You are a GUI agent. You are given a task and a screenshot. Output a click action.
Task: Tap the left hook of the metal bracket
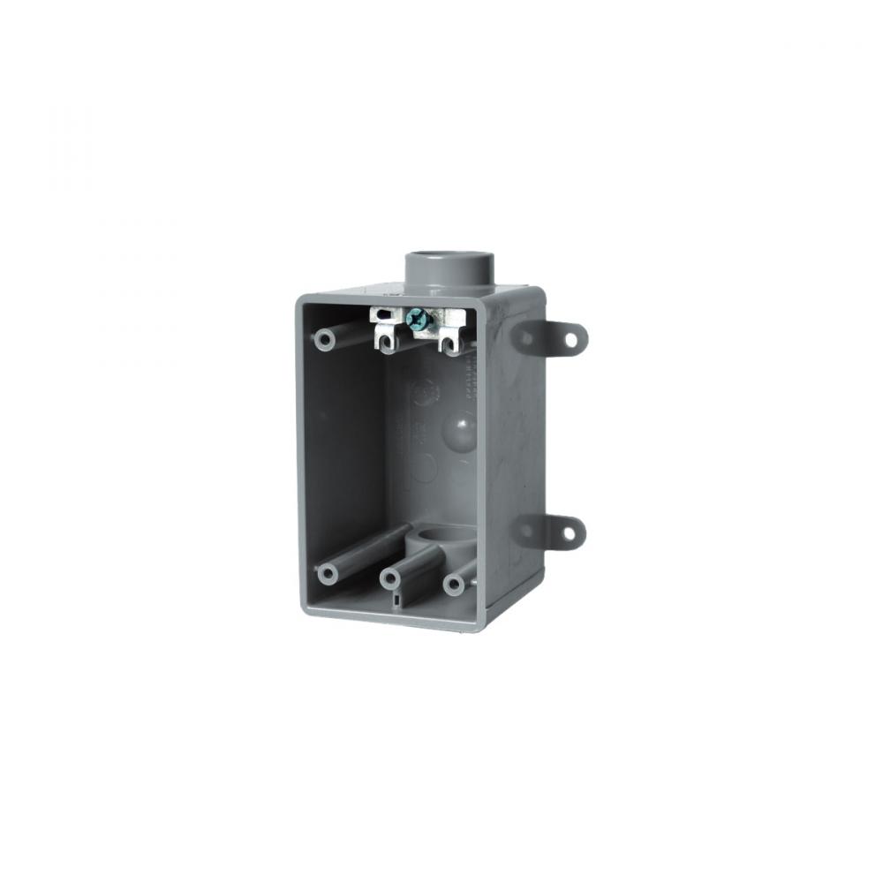388,338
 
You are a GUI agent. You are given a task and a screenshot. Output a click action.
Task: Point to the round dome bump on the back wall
464,430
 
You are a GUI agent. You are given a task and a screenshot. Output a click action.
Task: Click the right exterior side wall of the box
512,459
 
